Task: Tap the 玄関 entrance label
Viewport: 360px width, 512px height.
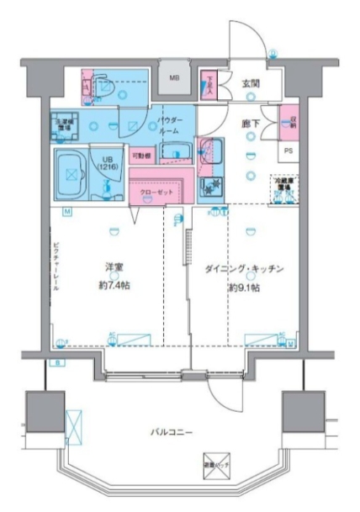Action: coord(251,82)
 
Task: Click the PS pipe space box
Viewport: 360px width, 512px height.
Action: coord(289,152)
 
